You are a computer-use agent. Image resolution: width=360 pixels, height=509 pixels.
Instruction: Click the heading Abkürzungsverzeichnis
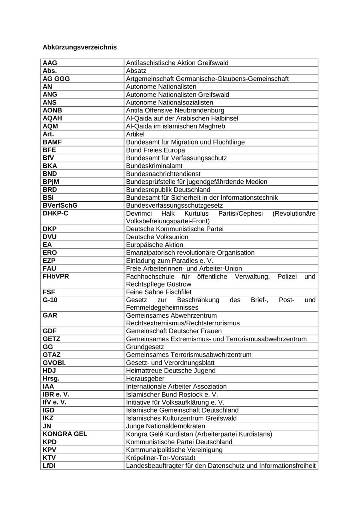pyautogui.click(x=80, y=47)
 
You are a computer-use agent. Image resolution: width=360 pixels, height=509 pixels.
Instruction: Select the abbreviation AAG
pyautogui.click(x=50, y=63)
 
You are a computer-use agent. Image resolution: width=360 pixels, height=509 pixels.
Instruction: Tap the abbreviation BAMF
pyautogui.click(x=52, y=142)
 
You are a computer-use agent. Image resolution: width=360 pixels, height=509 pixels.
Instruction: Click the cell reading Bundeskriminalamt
pyautogui.click(x=154, y=166)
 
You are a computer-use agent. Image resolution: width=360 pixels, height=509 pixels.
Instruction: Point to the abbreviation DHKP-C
pyautogui.click(x=56, y=213)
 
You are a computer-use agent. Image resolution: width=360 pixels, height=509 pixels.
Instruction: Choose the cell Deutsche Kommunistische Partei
pyautogui.click(x=175, y=229)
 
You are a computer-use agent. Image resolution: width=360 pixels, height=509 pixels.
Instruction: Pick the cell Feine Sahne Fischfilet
pyautogui.click(x=159, y=292)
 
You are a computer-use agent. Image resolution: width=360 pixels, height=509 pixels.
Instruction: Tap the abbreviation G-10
pyautogui.click(x=51, y=300)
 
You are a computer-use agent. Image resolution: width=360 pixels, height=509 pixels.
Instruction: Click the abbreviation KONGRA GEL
pyautogui.click(x=65, y=434)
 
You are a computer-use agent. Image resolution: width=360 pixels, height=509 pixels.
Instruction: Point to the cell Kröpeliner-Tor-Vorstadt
pyautogui.click(x=161, y=458)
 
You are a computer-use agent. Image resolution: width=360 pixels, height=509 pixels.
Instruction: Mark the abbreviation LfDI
pyautogui.click(x=49, y=466)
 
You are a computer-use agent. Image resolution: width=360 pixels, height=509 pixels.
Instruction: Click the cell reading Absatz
pyautogui.click(x=136, y=71)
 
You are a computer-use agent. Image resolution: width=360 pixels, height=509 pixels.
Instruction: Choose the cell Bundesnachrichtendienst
pyautogui.click(x=163, y=174)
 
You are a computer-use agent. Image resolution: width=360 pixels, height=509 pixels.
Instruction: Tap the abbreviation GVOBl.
pyautogui.click(x=54, y=363)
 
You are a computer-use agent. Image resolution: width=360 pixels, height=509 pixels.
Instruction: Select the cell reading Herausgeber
pyautogui.click(x=145, y=379)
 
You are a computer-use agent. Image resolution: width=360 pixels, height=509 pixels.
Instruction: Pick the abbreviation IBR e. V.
pyautogui.click(x=56, y=395)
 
